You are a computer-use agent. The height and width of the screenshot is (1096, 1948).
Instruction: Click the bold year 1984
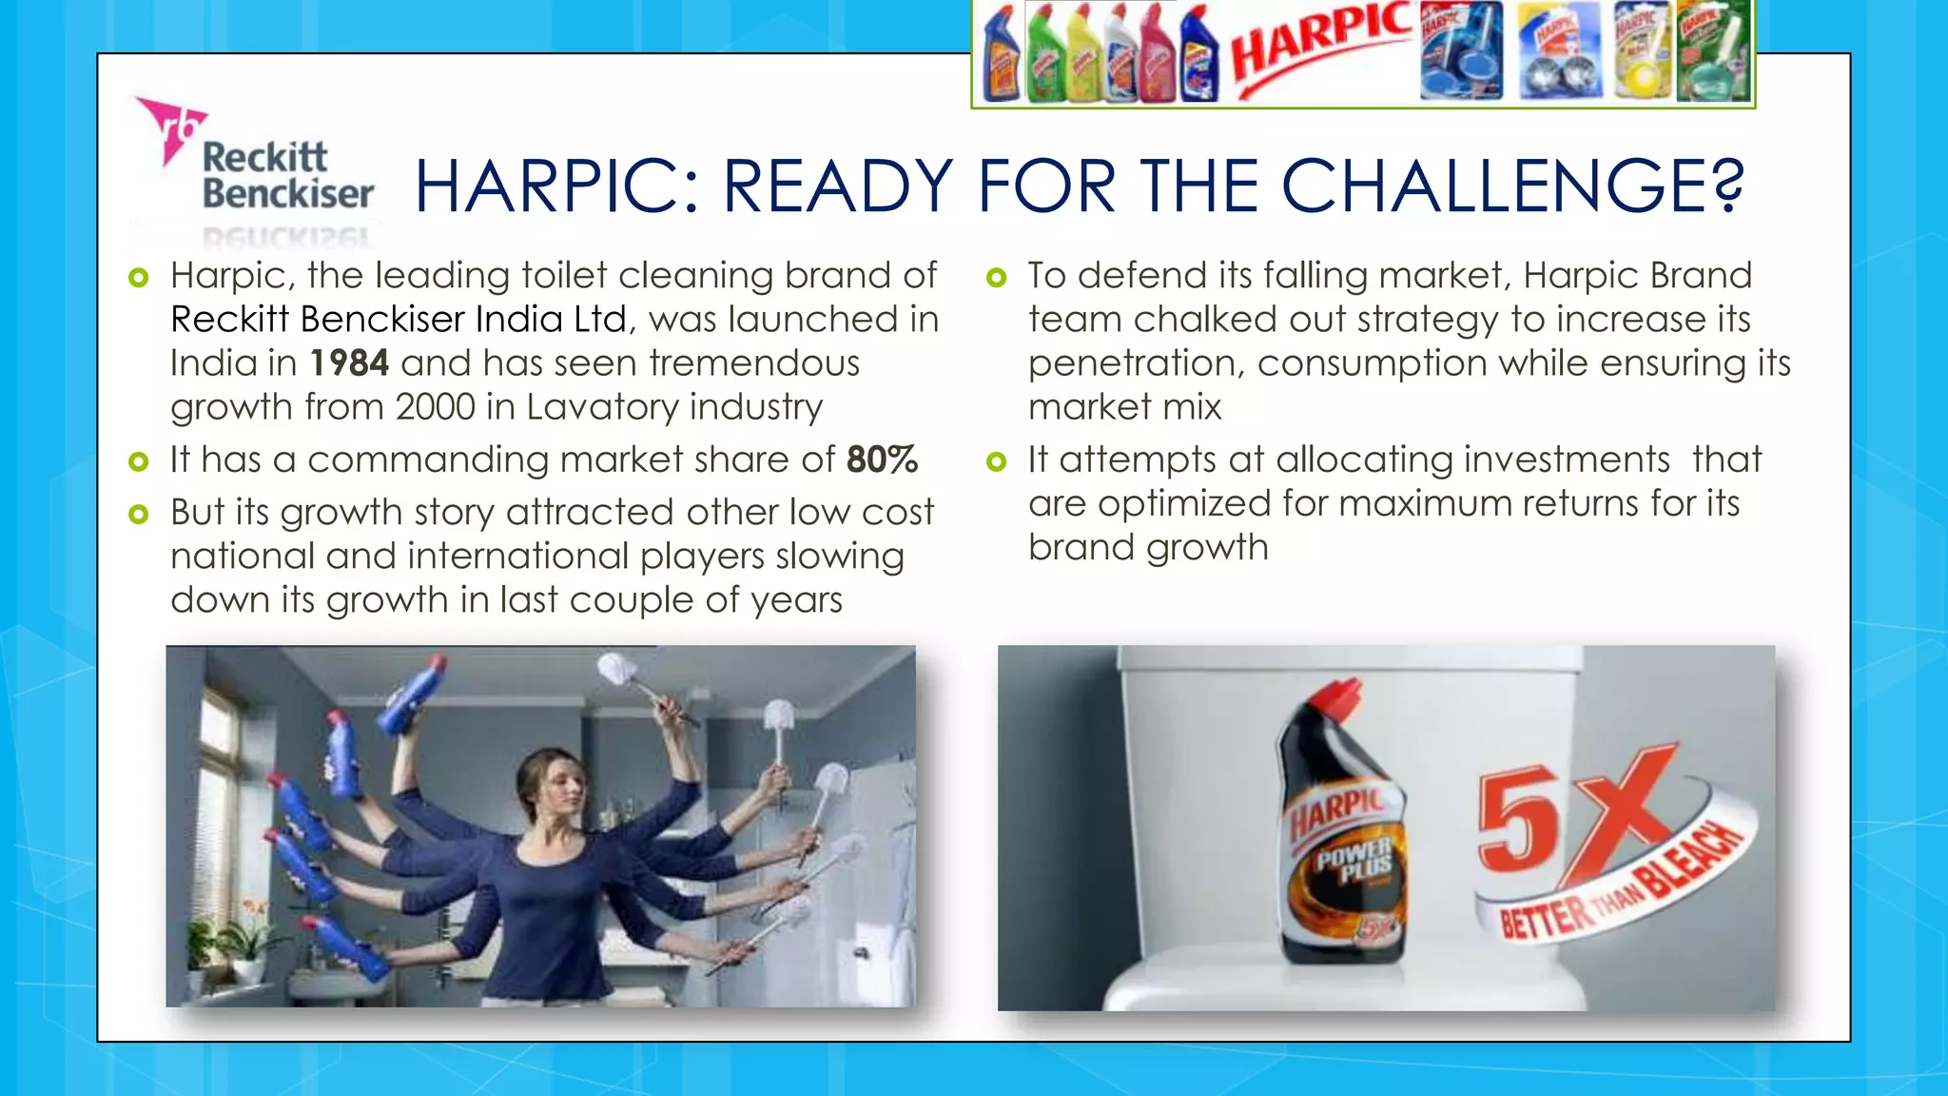pyautogui.click(x=349, y=363)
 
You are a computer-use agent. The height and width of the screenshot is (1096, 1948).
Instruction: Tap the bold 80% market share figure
pyautogui.click(x=882, y=460)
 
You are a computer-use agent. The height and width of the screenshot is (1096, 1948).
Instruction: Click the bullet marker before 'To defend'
pyautogui.click(x=996, y=278)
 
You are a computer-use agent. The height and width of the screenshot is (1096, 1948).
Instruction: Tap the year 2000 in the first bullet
pyautogui.click(x=435, y=407)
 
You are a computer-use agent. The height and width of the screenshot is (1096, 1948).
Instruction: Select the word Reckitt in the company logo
pyautogui.click(x=264, y=156)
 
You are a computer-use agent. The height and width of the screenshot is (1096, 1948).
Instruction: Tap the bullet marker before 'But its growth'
pyautogui.click(x=139, y=515)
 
